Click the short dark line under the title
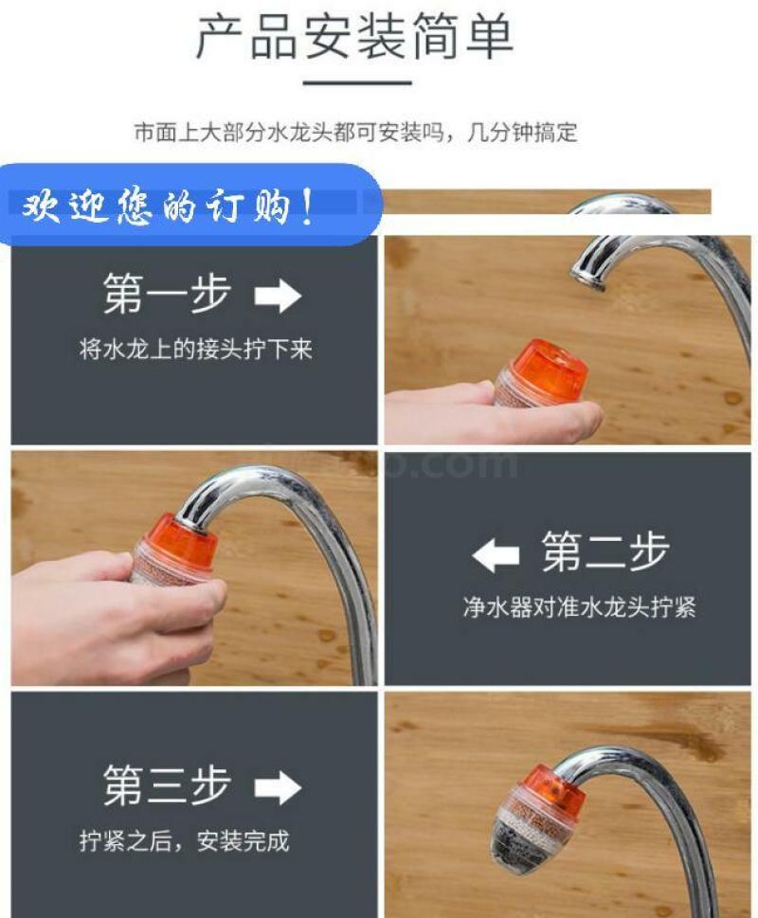pyautogui.click(x=357, y=82)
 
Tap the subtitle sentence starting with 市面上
pyautogui.click(x=355, y=133)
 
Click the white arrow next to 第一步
pyautogui.click(x=278, y=296)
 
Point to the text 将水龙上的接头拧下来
pyautogui.click(x=196, y=350)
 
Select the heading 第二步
pyautogui.click(x=605, y=551)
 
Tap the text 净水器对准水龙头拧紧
pyautogui.click(x=580, y=607)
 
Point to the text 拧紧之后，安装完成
pyautogui.click(x=185, y=841)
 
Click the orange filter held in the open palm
pyautogui.click(x=540, y=375)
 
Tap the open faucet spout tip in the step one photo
pyautogui.click(x=587, y=277)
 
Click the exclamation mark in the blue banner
pyautogui.click(x=308, y=207)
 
